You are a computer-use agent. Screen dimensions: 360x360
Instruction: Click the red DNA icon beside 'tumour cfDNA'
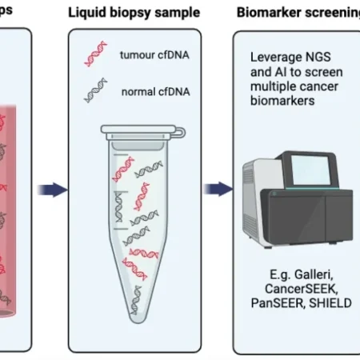coord(94,54)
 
